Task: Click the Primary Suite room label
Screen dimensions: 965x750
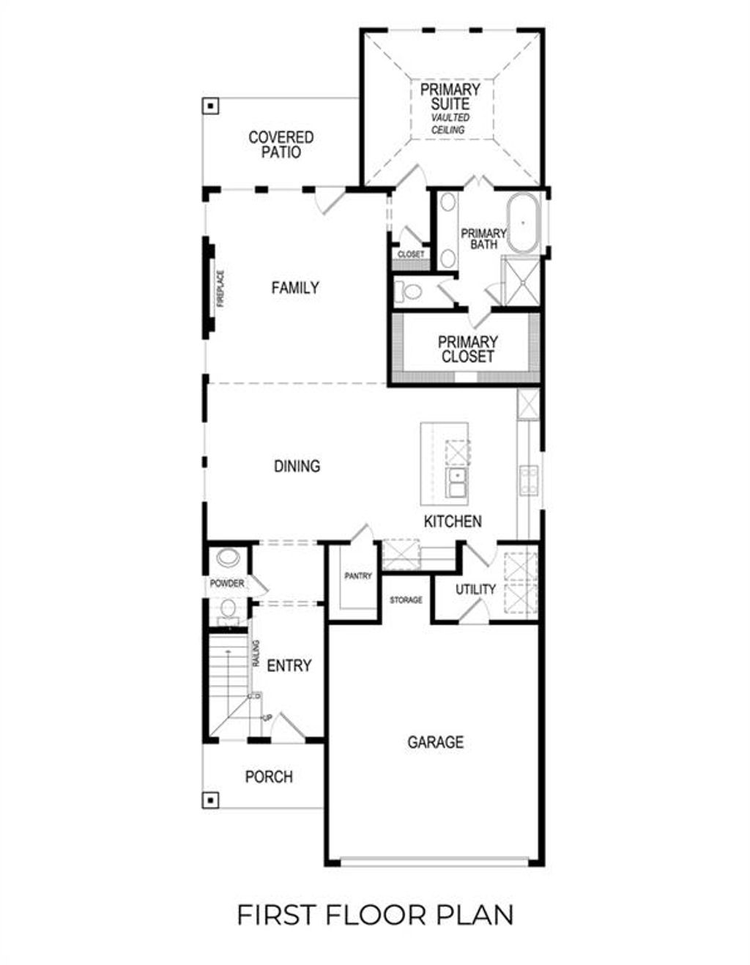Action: [x=450, y=97]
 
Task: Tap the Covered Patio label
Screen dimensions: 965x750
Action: [x=281, y=144]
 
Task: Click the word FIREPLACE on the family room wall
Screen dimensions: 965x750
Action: [x=220, y=289]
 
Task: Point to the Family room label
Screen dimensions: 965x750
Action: [x=294, y=288]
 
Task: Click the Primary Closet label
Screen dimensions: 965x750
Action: [x=467, y=350]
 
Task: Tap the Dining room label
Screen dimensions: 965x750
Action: [x=297, y=466]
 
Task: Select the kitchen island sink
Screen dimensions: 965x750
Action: [x=458, y=484]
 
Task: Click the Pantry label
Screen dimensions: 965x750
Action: [x=358, y=577]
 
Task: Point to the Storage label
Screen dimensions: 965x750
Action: [x=406, y=600]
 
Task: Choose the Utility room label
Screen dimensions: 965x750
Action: [x=475, y=589]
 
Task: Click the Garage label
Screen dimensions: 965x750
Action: [x=435, y=742]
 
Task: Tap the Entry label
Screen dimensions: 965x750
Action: [x=289, y=666]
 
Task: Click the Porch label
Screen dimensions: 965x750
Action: [x=269, y=777]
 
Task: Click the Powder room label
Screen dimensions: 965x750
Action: [x=227, y=584]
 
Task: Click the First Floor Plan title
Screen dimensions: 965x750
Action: [x=375, y=915]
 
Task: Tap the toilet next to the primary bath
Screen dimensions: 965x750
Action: [x=410, y=292]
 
